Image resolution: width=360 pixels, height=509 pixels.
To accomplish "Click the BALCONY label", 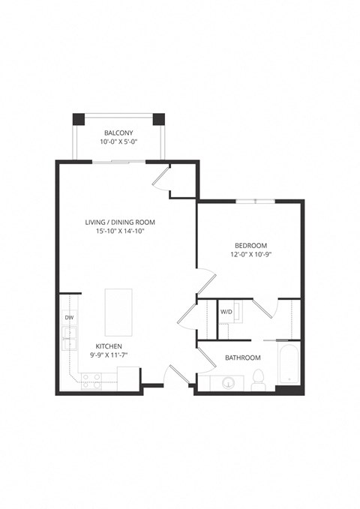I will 118,133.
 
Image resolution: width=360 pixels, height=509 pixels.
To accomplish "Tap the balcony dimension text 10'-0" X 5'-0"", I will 118,142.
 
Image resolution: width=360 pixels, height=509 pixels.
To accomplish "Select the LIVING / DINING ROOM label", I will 124,223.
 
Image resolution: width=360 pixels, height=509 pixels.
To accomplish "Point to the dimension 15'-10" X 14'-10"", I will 124,232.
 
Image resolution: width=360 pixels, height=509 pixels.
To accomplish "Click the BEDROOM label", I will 250,246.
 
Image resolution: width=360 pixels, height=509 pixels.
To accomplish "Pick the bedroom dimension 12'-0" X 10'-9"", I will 250,255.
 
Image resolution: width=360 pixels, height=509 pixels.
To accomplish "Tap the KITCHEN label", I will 108,346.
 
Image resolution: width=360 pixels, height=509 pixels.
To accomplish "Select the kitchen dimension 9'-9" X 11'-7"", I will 108,355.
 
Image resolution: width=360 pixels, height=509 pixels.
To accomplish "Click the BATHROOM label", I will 243,358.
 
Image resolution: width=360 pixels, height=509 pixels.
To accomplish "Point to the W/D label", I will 226,311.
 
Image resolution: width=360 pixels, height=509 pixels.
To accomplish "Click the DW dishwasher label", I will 69,318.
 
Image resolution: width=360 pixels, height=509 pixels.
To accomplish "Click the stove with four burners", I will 91,382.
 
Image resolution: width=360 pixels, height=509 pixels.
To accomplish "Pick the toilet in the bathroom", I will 258,379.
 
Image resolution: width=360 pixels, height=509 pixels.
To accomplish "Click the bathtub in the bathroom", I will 288,365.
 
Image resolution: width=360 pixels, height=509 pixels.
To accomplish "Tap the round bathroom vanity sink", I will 228,383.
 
